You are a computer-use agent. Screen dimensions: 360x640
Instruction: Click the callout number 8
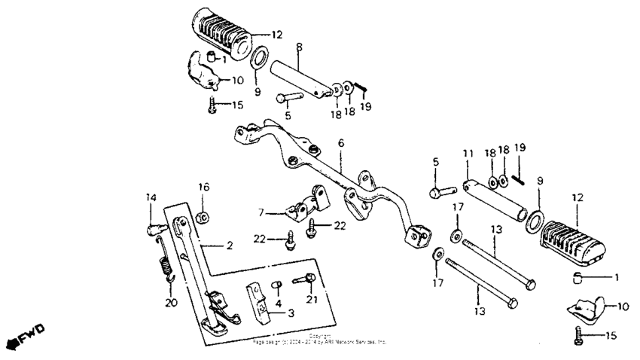pos(299,47)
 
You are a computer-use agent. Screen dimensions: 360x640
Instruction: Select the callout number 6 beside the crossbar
pos(340,142)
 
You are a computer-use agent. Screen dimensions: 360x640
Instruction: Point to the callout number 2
pos(230,246)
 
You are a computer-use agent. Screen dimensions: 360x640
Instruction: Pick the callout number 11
pos(467,153)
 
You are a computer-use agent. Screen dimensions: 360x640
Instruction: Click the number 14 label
pos(150,197)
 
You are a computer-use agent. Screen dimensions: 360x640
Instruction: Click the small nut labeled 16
pos(203,218)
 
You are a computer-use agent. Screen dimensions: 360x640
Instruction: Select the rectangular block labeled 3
pos(257,301)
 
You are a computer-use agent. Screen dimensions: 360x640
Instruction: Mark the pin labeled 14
pos(153,222)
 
